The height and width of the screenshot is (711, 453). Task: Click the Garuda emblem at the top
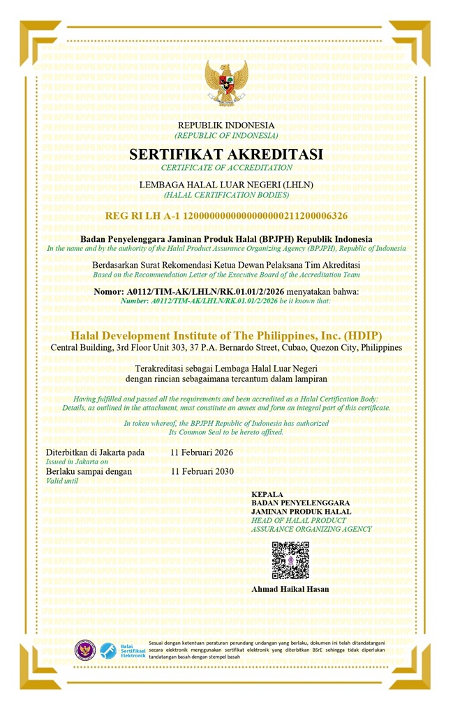point(226,83)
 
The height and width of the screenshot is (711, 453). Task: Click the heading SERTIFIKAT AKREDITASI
point(226,154)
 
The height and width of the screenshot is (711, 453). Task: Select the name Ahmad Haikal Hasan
point(290,589)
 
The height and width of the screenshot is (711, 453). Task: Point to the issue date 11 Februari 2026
point(202,452)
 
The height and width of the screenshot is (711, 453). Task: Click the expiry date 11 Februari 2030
point(202,471)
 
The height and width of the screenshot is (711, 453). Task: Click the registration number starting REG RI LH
point(226,216)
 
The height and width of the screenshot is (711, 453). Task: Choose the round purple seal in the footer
point(85,650)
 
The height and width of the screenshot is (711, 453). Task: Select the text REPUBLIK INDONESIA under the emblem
point(226,125)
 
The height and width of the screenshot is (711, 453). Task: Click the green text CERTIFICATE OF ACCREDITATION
point(226,168)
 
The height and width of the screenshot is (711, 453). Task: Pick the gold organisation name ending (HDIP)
point(226,335)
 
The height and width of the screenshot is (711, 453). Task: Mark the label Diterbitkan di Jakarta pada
point(95,452)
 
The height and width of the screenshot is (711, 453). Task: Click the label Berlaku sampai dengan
point(89,471)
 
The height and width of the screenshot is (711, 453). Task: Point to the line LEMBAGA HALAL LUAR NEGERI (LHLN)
point(226,184)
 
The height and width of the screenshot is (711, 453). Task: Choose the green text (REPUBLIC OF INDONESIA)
point(226,135)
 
